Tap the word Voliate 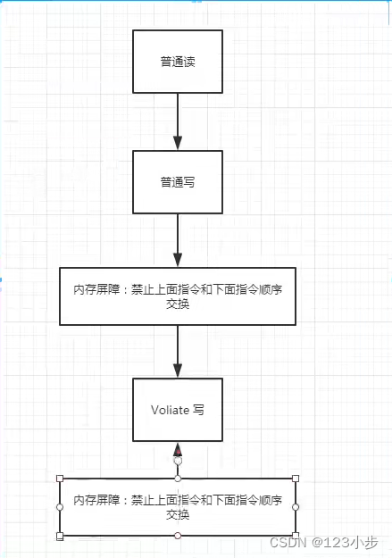(170, 410)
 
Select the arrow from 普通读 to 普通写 (178, 121)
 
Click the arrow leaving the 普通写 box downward (178, 240)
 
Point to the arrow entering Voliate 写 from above (178, 352)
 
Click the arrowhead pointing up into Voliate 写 (178, 449)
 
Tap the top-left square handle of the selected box (60, 479)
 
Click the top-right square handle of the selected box (296, 479)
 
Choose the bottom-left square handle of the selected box (60, 536)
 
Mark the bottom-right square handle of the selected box (296, 536)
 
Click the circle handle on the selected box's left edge (60, 507)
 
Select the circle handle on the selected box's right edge (296, 507)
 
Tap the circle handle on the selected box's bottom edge (178, 536)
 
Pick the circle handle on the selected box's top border (178, 479)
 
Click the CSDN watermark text (288, 542)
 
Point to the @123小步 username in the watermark (345, 542)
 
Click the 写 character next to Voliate (198, 410)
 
